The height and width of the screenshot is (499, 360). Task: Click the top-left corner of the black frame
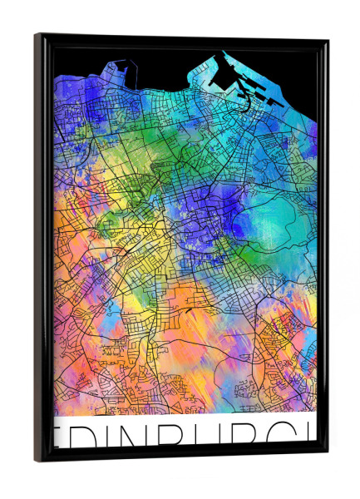pyautogui.click(x=37, y=35)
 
